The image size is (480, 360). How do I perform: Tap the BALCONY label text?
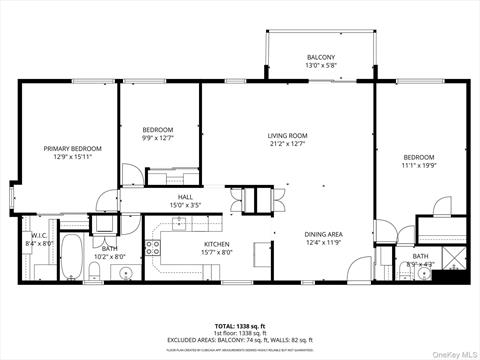pos(320,58)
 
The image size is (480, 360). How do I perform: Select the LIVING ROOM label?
pos(287,136)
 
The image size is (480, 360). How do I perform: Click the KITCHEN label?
pos(218,244)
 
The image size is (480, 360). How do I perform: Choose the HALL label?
pos(185,198)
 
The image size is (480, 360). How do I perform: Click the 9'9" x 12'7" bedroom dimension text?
pos(158,139)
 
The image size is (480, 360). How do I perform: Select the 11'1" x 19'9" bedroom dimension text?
pos(419,166)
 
